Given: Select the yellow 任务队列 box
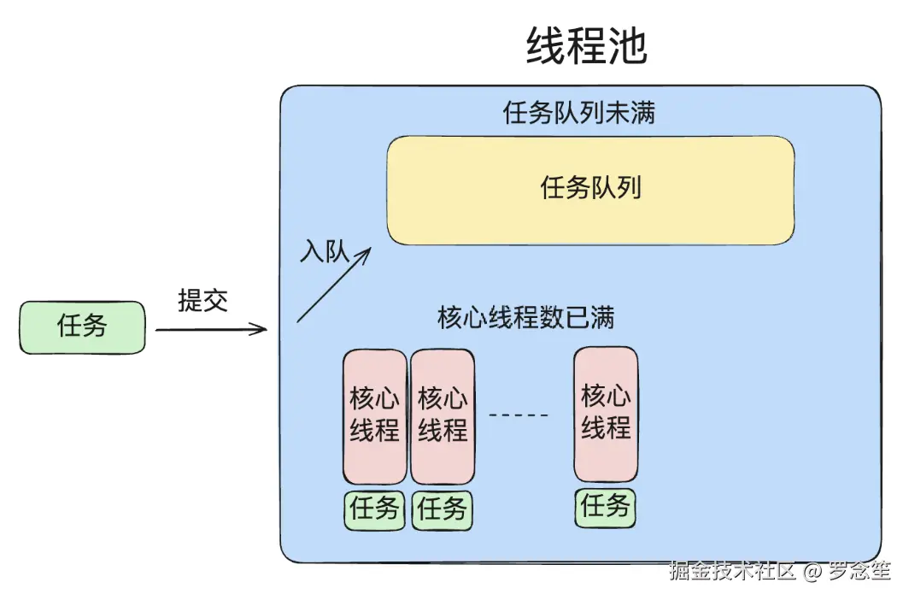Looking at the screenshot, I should [590, 190].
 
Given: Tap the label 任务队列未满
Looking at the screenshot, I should [580, 113].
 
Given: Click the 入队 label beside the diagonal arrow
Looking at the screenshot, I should [325, 251].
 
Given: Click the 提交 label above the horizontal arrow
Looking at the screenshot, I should [202, 300].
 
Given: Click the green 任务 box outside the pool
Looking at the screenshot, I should [82, 326].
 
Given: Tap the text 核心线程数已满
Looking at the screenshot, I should [525, 318].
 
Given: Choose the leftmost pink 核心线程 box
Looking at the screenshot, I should [374, 416].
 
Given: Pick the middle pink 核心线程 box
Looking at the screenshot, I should [443, 416].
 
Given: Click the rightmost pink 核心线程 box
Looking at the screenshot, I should [606, 414].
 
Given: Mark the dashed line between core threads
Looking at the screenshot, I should [519, 415].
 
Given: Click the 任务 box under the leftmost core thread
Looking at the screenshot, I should [374, 509].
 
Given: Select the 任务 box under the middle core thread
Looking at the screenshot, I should [443, 510].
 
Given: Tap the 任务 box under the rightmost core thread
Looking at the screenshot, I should [605, 507].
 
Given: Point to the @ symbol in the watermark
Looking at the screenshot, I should [812, 571].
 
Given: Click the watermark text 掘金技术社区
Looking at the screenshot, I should [732, 571].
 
